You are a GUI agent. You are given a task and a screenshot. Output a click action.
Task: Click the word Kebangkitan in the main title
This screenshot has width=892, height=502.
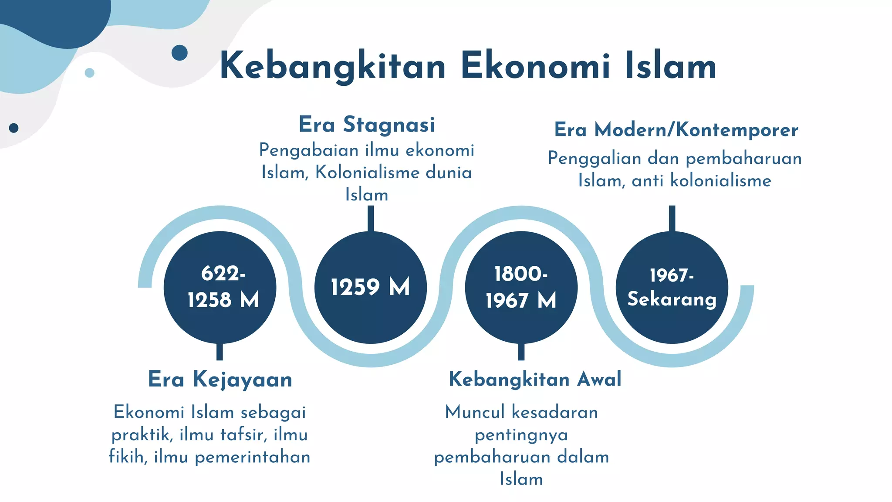click(333, 66)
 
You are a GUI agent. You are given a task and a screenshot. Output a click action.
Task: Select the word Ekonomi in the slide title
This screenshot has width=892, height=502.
click(535, 66)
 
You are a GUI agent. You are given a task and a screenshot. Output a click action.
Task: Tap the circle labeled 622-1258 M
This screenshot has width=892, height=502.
click(220, 287)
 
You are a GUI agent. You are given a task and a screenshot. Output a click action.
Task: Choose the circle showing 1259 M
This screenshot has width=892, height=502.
click(370, 287)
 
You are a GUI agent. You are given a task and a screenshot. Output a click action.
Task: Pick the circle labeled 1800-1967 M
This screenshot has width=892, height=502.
click(521, 287)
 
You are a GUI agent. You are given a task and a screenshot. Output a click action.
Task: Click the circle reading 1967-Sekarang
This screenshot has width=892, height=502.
click(672, 287)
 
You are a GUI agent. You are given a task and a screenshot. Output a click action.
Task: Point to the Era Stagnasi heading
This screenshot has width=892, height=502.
click(367, 125)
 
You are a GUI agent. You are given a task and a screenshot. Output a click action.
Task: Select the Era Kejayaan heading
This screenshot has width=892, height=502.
click(220, 379)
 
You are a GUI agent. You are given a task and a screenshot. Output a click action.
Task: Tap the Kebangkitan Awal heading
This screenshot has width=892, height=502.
click(535, 379)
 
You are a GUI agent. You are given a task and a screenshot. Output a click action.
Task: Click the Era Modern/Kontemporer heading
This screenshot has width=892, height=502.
click(676, 130)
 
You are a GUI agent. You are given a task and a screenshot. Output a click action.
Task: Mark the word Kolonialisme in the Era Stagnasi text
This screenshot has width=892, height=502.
click(367, 173)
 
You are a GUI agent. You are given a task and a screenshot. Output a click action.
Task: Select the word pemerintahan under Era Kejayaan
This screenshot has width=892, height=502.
click(253, 457)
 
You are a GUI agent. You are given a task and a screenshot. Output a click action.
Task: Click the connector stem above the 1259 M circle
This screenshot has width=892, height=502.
click(371, 218)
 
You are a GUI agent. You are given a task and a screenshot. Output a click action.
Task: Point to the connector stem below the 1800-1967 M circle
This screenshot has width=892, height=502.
click(521, 352)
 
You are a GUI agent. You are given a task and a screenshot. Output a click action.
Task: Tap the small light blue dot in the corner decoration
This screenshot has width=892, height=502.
click(89, 73)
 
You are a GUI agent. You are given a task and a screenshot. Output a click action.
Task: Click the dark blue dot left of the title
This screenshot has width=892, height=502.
click(179, 53)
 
